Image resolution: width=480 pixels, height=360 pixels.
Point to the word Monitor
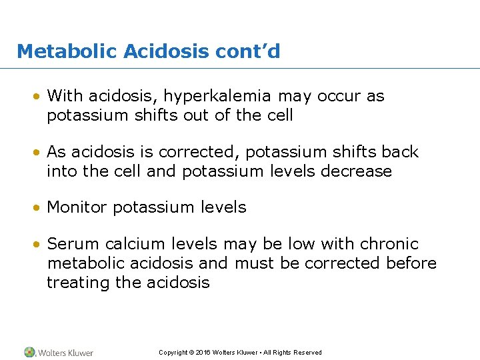click(x=78, y=207)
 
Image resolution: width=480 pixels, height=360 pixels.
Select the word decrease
click(x=357, y=171)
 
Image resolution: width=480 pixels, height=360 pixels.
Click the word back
click(x=396, y=152)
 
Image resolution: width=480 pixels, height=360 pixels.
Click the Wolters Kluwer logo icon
click(x=29, y=352)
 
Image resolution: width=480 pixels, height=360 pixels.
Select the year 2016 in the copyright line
click(x=203, y=353)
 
